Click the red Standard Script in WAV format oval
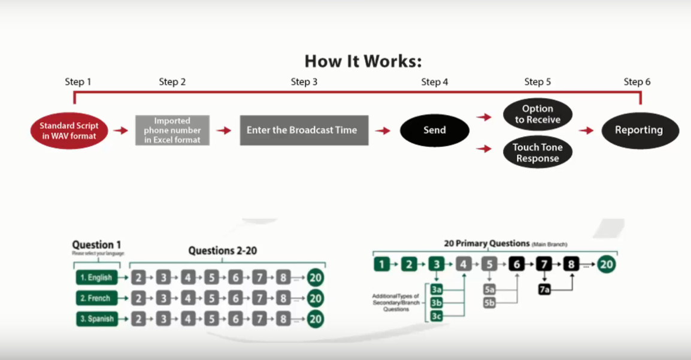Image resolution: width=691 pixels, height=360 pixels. click(x=69, y=131)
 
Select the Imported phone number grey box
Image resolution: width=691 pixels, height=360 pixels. click(x=172, y=130)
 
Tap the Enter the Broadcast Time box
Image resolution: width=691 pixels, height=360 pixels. click(x=304, y=130)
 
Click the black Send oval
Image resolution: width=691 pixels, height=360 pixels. click(x=434, y=130)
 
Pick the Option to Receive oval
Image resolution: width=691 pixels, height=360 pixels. click(x=537, y=114)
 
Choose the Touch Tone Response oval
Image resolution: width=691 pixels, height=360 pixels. click(x=537, y=153)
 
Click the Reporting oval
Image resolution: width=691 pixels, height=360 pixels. click(x=639, y=130)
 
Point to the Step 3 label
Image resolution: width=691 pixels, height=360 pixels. click(x=304, y=82)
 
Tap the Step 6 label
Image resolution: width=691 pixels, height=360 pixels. click(x=637, y=82)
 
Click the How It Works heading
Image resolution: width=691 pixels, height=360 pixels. click(x=363, y=61)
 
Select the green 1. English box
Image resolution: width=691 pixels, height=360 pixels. click(x=97, y=278)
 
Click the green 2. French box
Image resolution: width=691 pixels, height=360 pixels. click(x=97, y=298)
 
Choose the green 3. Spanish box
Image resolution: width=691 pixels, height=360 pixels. click(x=97, y=319)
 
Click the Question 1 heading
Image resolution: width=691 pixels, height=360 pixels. click(x=96, y=244)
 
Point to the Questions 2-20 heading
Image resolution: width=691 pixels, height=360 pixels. click(x=222, y=250)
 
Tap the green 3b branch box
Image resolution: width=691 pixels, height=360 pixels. click(x=437, y=303)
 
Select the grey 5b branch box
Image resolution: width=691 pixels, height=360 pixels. click(x=490, y=303)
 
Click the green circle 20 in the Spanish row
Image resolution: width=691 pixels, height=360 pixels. click(x=316, y=319)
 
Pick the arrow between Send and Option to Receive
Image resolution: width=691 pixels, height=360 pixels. click(x=484, y=117)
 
